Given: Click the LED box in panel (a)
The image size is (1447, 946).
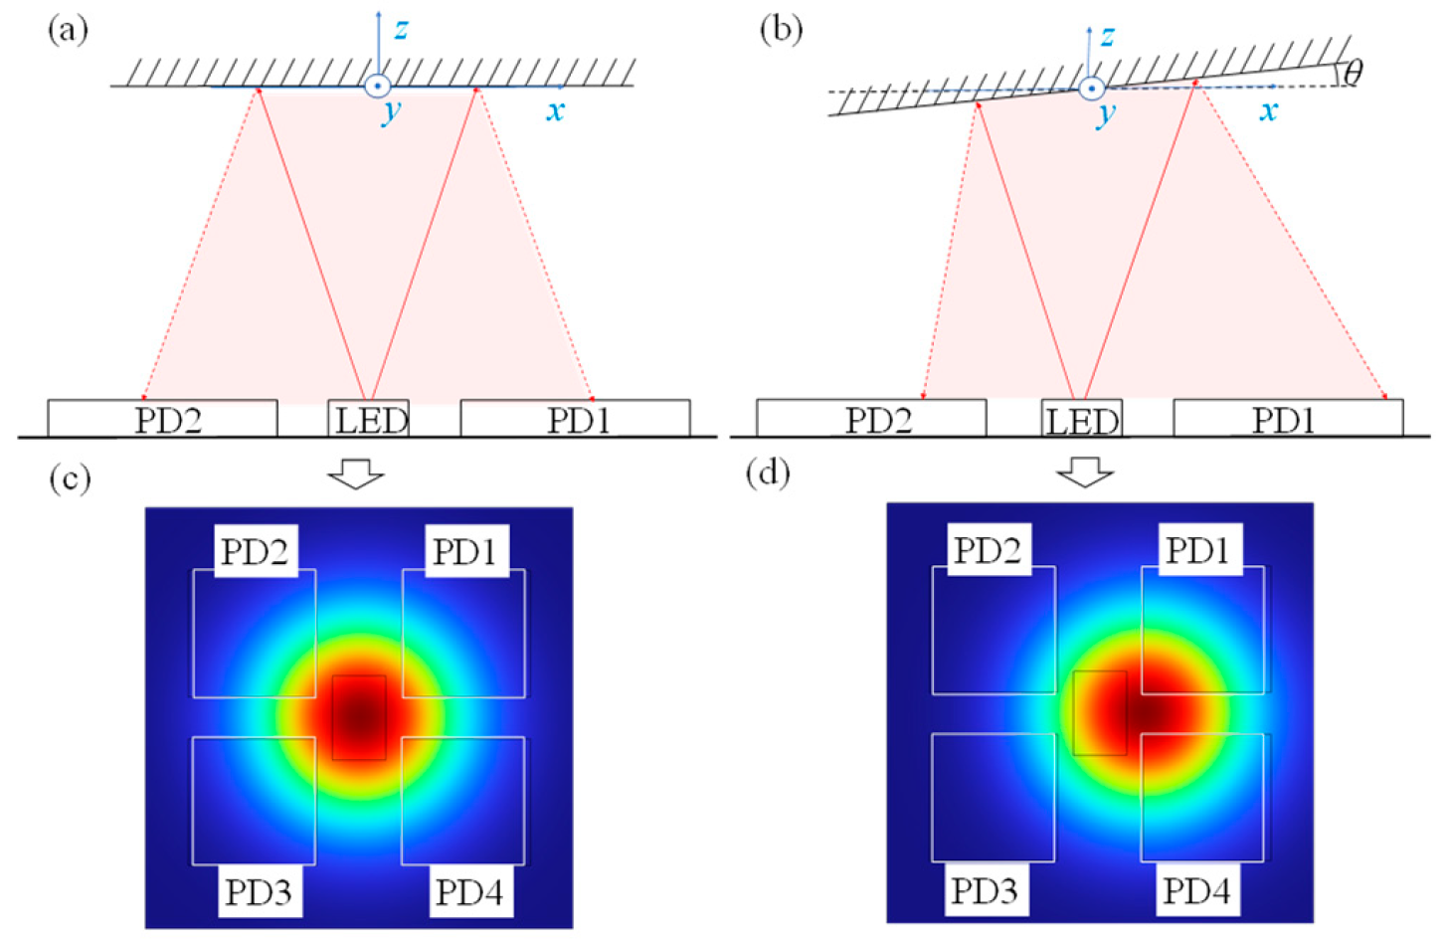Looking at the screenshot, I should click(x=369, y=419).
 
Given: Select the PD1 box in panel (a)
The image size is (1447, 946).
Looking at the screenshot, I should click(x=575, y=419).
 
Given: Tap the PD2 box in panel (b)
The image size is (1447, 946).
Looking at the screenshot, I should click(x=871, y=419).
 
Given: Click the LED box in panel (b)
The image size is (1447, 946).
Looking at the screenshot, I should click(x=1081, y=419).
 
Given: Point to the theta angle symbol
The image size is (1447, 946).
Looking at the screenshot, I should click(x=1353, y=71).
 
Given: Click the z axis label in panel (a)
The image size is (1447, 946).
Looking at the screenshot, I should click(x=400, y=29).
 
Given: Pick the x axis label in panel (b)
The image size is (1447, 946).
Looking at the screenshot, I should click(x=1268, y=110).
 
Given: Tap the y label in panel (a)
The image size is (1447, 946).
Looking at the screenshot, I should click(x=391, y=110).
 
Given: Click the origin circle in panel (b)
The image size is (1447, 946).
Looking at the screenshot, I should click(x=1091, y=89).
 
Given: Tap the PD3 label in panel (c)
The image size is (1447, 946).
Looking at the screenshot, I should click(x=259, y=891).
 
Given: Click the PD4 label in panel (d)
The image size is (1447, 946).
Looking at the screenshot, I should click(x=1196, y=889).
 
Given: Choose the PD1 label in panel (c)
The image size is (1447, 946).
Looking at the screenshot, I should click(x=464, y=551).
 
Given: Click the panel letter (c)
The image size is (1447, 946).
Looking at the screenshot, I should click(x=70, y=478).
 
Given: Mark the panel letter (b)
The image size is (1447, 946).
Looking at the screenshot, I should click(x=780, y=30).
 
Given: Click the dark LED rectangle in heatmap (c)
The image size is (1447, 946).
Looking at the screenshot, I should click(x=359, y=717).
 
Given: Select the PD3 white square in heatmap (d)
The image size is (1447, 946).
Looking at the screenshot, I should click(x=993, y=798).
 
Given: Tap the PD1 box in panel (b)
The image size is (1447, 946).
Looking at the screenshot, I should click(x=1288, y=419).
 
